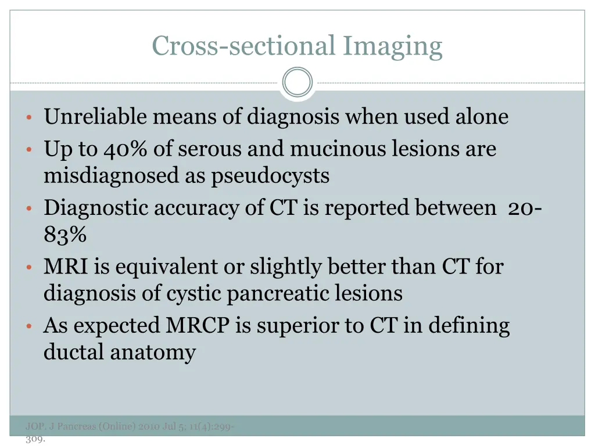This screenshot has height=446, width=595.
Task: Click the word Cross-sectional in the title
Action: point(243,46)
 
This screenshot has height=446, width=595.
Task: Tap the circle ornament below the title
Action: point(297,82)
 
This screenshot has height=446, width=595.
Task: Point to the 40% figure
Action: point(127,150)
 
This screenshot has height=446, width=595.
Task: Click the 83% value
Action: point(65,235)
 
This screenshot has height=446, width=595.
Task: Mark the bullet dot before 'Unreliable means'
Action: point(28,118)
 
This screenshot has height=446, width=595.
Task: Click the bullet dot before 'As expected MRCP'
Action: point(28,327)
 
